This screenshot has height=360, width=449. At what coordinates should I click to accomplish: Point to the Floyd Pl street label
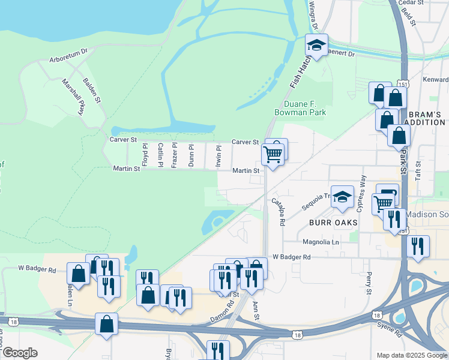(145, 155)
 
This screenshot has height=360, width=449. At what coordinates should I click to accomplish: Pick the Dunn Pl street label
(191, 155)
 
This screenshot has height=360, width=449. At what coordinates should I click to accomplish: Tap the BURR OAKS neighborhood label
(333, 222)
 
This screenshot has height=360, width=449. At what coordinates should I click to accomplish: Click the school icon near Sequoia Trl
(342, 197)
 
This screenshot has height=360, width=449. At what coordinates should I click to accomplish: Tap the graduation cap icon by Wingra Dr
(316, 45)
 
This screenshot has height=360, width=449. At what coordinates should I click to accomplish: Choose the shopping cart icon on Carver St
(273, 155)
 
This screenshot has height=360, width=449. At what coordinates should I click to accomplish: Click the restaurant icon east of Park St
(418, 246)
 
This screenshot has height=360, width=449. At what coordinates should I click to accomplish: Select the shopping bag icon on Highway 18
(106, 324)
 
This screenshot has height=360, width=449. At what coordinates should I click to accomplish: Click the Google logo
(20, 353)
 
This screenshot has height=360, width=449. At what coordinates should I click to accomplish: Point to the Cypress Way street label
(361, 193)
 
